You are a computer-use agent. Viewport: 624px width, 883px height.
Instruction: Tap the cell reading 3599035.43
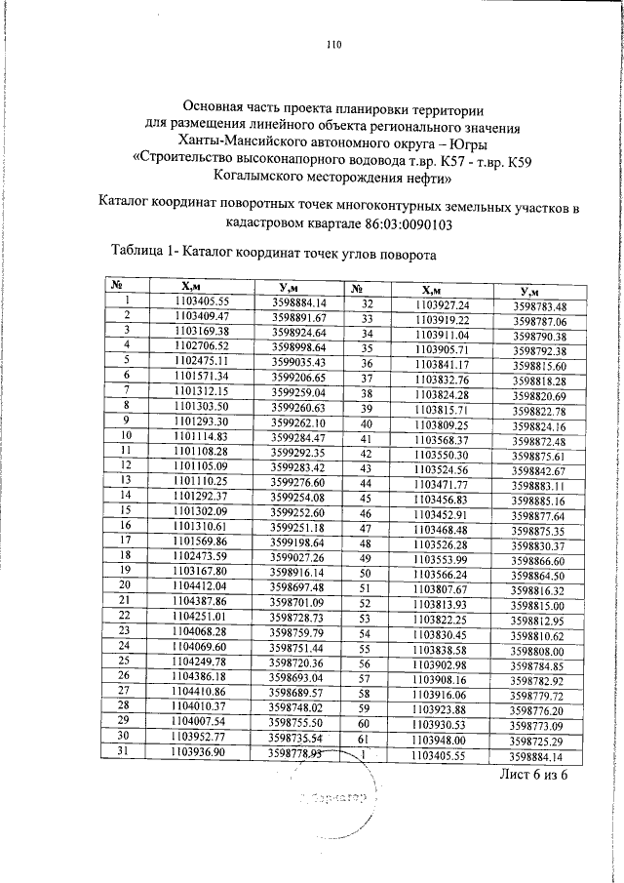coord(298,362)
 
